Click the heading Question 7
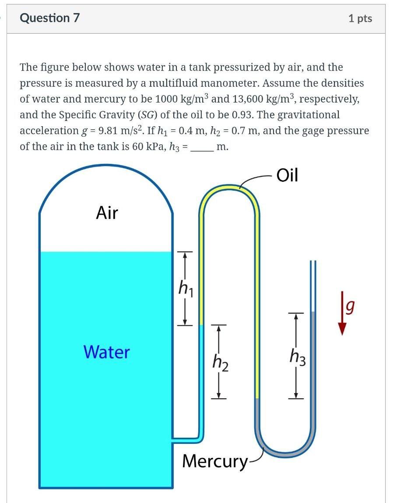pos(50,18)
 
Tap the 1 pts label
pos(360,18)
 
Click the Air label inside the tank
pos(107,213)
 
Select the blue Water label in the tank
pos(106,352)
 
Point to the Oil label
pos(288,175)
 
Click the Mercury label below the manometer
pos(214,461)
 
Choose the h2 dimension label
pos(220,362)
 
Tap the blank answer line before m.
pos(203,148)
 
